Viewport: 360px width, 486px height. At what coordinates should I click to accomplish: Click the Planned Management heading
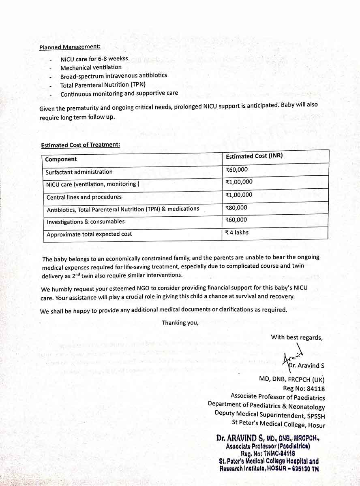click(x=70, y=47)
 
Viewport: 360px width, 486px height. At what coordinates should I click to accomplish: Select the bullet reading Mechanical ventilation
click(x=91, y=68)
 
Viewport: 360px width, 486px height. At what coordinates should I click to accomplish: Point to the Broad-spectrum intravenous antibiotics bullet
click(x=114, y=76)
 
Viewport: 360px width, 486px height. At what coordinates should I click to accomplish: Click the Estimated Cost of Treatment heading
click(x=80, y=145)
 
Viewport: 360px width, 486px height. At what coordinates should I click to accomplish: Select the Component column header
click(x=61, y=159)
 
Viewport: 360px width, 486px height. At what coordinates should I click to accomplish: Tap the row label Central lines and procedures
click(x=84, y=197)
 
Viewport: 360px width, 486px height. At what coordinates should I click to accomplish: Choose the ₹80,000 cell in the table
click(x=236, y=208)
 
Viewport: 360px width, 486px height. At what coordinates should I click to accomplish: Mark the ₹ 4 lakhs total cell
click(x=237, y=232)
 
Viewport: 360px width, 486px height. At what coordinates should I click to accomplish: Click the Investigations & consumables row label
click(x=86, y=222)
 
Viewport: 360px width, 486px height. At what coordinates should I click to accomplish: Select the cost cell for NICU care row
click(x=239, y=182)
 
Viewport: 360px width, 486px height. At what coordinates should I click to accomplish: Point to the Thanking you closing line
click(x=180, y=323)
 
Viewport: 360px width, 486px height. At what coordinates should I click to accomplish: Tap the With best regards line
click(x=297, y=337)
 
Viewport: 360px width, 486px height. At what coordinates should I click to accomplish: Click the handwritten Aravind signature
click(x=291, y=356)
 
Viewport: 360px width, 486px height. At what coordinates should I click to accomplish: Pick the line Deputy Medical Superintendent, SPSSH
click(x=270, y=416)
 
